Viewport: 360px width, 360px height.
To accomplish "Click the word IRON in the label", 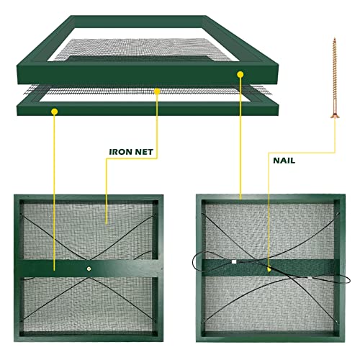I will pyautogui.click(x=121, y=153).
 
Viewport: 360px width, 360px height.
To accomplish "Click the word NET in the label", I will pyautogui.click(x=145, y=153).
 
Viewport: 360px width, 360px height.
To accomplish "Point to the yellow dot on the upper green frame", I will pyautogui.click(x=239, y=74).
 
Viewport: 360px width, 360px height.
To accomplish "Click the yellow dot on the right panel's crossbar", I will pyautogui.click(x=269, y=270).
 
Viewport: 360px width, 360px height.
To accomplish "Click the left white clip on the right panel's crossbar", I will pyautogui.click(x=233, y=263).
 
